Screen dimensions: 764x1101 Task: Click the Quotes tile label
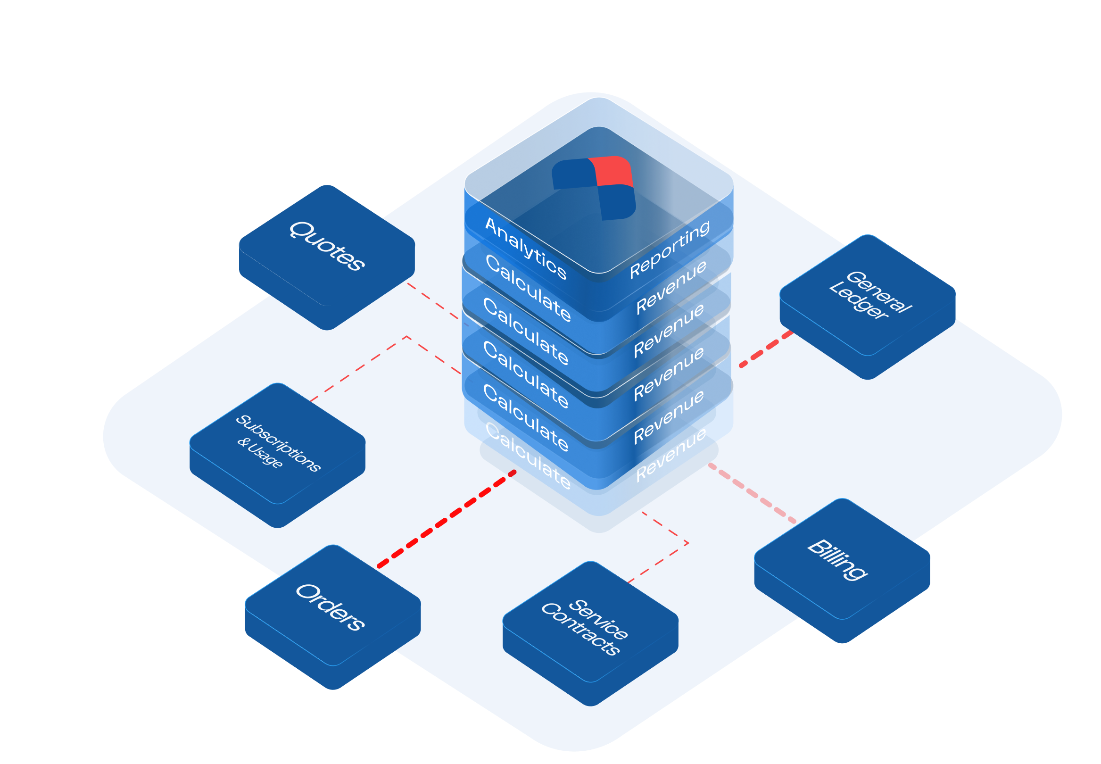(x=327, y=246)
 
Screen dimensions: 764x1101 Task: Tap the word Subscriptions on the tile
(x=278, y=443)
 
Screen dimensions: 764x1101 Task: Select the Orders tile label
(x=330, y=607)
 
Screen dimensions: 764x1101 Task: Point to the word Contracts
(x=580, y=629)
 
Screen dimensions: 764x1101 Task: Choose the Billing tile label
(x=837, y=560)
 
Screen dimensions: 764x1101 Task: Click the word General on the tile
(x=879, y=291)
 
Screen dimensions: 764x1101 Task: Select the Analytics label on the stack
(x=525, y=248)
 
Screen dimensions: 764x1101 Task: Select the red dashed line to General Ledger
(x=766, y=348)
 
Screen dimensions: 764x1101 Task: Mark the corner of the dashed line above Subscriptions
(x=407, y=337)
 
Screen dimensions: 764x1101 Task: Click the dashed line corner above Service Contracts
(x=688, y=543)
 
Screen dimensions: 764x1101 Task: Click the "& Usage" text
(x=260, y=453)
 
